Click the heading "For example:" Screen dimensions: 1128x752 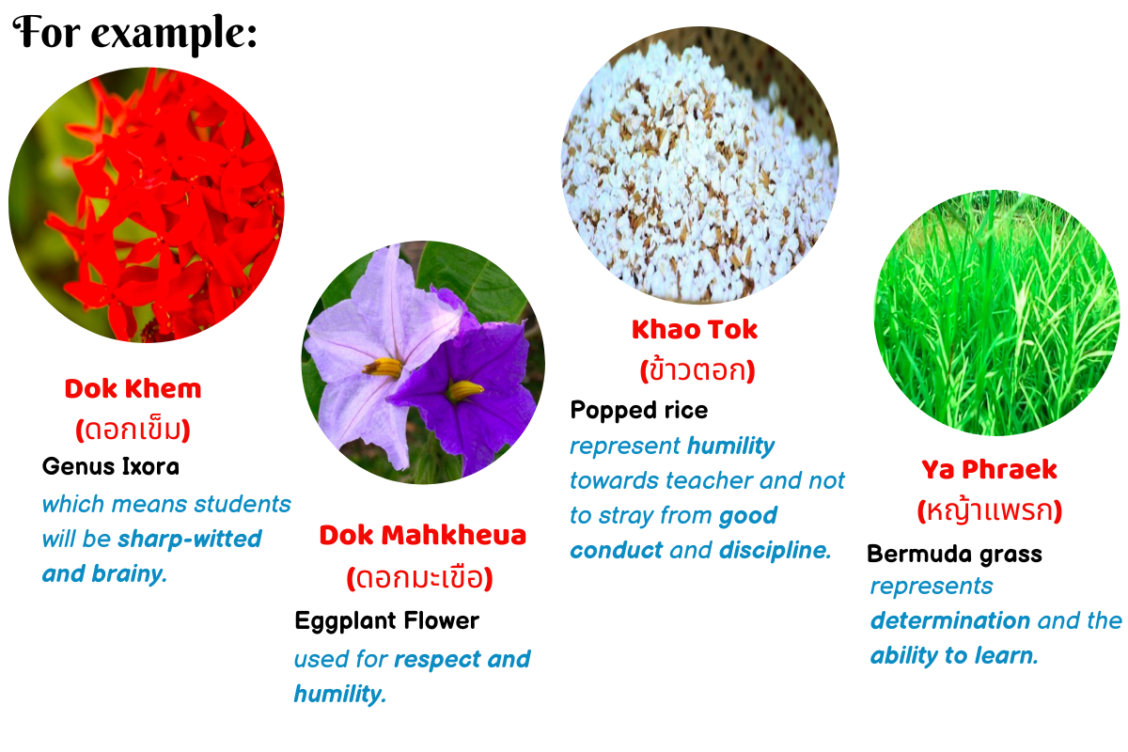(135, 33)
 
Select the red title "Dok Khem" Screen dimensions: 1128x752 (133, 389)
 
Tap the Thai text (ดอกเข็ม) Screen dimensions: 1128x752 (133, 430)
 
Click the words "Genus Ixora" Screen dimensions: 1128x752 (111, 466)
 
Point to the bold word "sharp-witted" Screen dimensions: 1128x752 (189, 539)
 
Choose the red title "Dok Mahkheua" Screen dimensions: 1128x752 (422, 535)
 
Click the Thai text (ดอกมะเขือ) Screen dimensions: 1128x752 (420, 578)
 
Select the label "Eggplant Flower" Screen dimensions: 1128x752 (386, 621)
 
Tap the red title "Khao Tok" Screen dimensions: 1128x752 (695, 330)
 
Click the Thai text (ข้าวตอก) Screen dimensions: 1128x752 (697, 370)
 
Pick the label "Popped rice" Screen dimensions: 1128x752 (639, 411)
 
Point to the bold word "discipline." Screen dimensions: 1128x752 (775, 550)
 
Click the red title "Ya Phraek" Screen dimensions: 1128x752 (989, 470)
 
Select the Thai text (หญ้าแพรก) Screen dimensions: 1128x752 (990, 510)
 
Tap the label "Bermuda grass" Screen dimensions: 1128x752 (954, 554)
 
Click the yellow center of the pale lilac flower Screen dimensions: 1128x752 (383, 368)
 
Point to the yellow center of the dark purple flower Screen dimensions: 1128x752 (464, 390)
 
